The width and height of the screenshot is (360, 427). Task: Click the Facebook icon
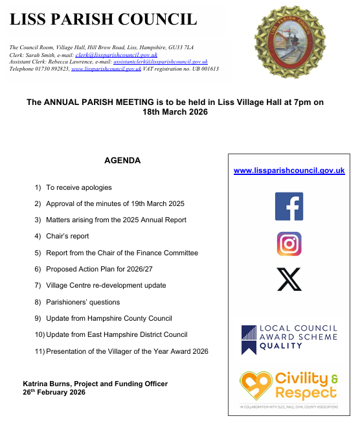click(289, 206)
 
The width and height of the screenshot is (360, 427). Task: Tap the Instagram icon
click(289, 244)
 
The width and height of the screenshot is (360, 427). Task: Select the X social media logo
click(289, 279)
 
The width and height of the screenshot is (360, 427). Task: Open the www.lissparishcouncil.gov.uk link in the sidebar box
click(289, 170)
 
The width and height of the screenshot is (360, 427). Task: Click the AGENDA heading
click(122, 161)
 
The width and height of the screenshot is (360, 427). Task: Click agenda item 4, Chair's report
click(67, 237)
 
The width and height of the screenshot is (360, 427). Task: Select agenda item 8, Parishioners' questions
click(83, 302)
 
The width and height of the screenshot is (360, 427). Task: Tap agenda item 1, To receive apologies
click(78, 187)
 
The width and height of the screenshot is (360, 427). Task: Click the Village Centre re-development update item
click(106, 285)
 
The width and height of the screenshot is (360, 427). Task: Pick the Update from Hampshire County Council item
click(109, 318)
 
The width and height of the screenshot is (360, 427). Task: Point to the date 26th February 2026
click(54, 392)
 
